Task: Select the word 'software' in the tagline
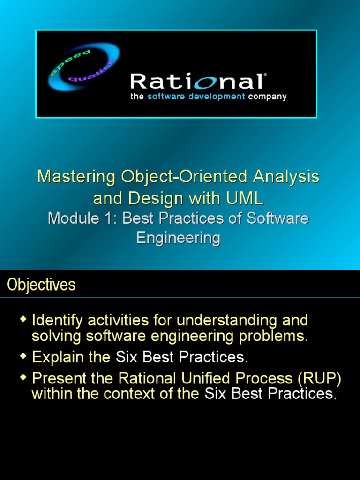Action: [x=167, y=97]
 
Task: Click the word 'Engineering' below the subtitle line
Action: [x=178, y=238]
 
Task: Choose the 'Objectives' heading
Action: [x=41, y=285]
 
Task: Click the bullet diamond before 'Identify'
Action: [x=23, y=320]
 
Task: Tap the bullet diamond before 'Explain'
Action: [x=23, y=357]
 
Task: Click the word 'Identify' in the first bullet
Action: [x=58, y=321]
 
